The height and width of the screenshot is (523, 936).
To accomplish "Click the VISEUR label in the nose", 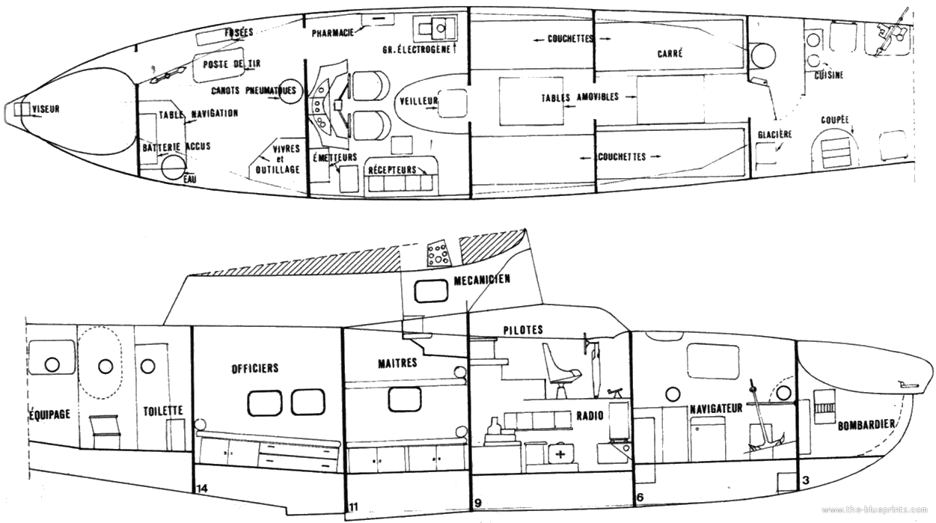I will [46, 109].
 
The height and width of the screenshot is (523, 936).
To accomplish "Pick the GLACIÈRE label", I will [774, 135].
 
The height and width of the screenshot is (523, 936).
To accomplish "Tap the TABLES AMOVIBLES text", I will [581, 97].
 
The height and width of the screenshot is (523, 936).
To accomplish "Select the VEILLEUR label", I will [418, 100].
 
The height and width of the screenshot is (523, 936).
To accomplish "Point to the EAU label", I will [192, 178].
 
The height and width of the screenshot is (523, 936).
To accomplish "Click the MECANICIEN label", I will [482, 281].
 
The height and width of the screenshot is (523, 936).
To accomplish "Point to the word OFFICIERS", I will [254, 368].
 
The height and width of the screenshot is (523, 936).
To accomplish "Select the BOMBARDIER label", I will [867, 424].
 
